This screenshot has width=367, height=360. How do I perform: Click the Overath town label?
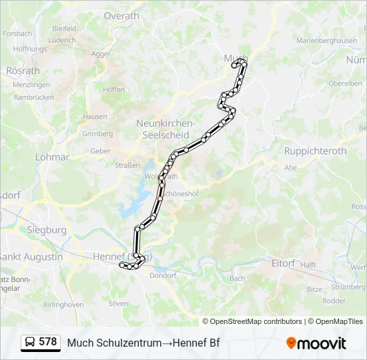[x=121, y=16]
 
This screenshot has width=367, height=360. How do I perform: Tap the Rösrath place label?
[x=23, y=71]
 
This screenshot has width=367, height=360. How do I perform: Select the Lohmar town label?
[x=52, y=157]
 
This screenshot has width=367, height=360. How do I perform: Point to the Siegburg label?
[x=47, y=230]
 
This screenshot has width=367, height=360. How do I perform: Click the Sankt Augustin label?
[x=31, y=257]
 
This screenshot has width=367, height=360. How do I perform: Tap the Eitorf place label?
[x=283, y=263]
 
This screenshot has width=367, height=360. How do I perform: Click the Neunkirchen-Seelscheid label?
[x=165, y=129]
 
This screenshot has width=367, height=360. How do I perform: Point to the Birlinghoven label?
[x=63, y=304]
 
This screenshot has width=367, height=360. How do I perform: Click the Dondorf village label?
[x=163, y=275]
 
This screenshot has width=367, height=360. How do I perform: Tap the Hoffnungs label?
[x=30, y=49]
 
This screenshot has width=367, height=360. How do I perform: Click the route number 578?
[x=48, y=342]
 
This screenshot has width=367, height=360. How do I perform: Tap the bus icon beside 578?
[x=30, y=343]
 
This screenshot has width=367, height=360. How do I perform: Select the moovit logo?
[x=316, y=343]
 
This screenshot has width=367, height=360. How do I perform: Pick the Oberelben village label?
[x=345, y=83]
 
